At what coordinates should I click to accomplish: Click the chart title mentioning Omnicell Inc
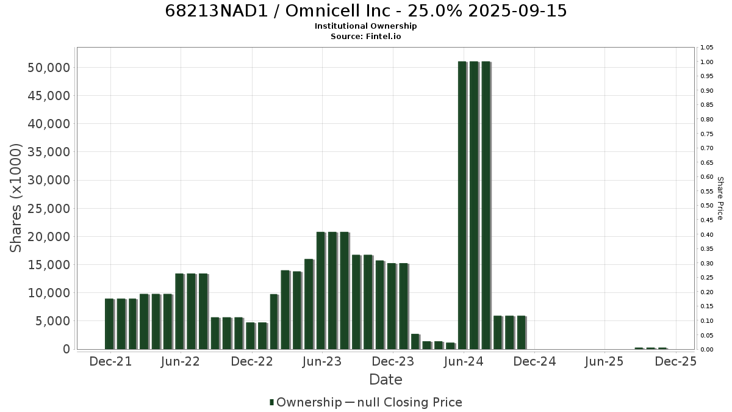click(365, 11)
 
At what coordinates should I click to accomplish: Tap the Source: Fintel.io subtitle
click(365, 36)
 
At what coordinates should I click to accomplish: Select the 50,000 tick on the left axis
click(49, 68)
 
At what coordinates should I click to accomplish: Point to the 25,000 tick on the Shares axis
click(49, 208)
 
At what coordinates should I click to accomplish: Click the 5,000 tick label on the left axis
click(52, 321)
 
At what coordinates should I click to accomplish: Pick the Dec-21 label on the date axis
click(110, 361)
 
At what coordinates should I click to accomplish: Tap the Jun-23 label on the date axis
click(322, 361)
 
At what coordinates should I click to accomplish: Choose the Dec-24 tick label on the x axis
click(534, 361)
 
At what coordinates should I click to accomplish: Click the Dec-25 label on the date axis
click(675, 361)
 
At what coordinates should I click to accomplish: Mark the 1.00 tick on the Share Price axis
click(706, 62)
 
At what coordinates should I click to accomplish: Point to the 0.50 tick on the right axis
click(706, 205)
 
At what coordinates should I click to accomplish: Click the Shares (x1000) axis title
click(15, 198)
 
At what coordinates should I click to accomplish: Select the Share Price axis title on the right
click(720, 198)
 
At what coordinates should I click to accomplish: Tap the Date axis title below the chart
click(386, 380)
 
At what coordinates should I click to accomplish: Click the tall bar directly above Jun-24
click(462, 205)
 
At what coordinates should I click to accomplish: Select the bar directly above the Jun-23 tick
click(321, 291)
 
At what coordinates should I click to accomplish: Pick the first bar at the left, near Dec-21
click(109, 324)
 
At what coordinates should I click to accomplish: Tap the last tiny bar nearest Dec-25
click(662, 349)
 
